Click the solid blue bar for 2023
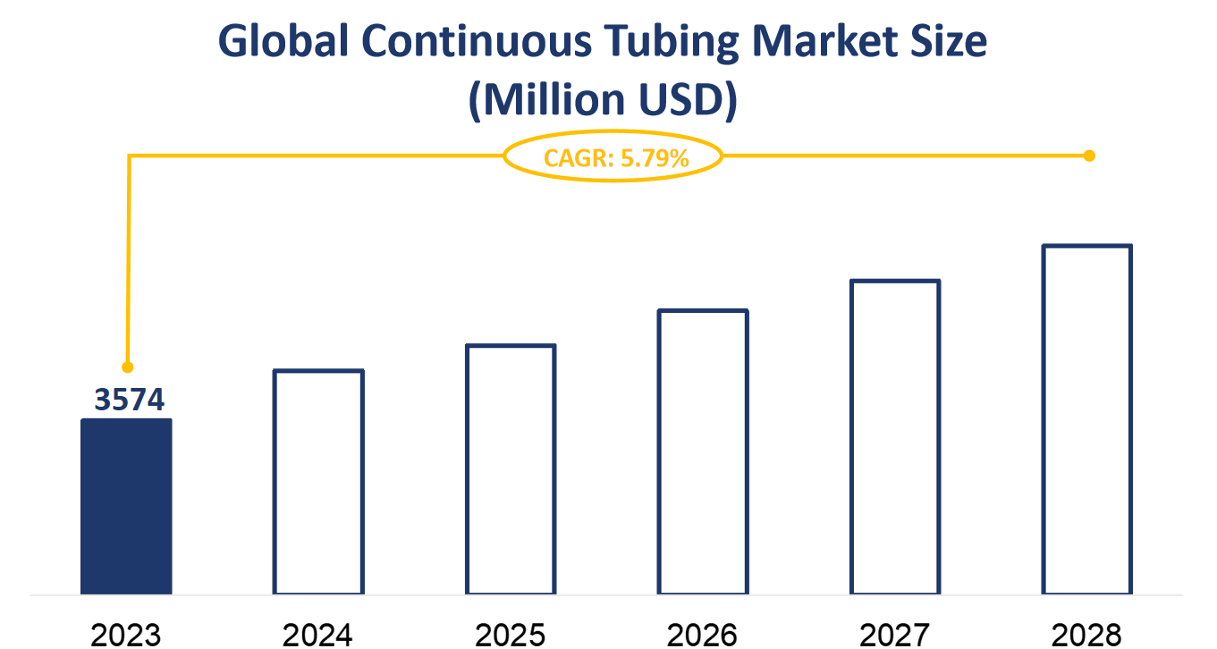126,506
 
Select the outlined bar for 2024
318,482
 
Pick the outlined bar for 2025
511,469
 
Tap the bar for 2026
703,452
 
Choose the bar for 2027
895,437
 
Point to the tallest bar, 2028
1087,419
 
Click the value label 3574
131,400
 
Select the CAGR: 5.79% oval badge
613,158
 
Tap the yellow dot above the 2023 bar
127,367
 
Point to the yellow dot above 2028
1089,156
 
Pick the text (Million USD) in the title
604,100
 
